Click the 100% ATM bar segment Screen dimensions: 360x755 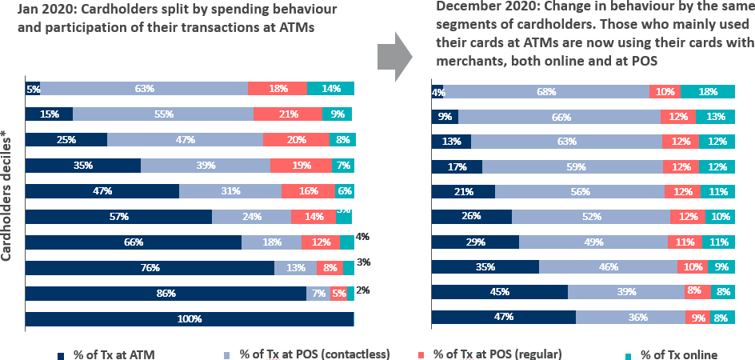190,318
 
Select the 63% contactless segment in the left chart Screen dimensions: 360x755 144,89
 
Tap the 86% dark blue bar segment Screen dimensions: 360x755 166,294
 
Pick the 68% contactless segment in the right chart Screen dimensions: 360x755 546,92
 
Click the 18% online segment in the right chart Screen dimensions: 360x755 708,92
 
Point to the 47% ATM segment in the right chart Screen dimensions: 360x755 503,317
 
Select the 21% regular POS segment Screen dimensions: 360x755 288,114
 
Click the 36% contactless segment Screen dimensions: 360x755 630,317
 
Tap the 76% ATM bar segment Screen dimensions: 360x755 150,268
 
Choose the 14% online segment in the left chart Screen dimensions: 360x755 330,89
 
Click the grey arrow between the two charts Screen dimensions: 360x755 393,55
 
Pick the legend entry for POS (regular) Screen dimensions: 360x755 496,354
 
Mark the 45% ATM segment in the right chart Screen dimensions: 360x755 499,291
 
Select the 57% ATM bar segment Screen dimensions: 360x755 118,217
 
